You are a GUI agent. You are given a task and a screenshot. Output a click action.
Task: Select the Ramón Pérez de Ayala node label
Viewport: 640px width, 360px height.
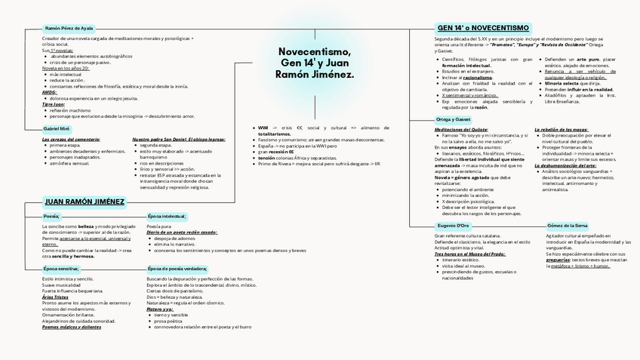point(69,28)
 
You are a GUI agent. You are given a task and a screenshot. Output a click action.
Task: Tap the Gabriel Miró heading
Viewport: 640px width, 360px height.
point(57,129)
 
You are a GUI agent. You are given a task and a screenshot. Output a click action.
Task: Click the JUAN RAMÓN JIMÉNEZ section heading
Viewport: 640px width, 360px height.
point(85,202)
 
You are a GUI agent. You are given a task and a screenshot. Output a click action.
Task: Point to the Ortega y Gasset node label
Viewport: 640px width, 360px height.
point(453,119)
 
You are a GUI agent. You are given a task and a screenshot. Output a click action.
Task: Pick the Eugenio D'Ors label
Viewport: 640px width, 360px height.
point(453,225)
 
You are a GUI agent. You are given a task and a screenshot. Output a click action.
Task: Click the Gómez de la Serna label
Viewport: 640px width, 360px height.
point(567,225)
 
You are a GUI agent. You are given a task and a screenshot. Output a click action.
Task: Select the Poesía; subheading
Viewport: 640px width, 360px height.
point(51,216)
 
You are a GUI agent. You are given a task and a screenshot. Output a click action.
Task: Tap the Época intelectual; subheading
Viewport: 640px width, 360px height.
point(167,216)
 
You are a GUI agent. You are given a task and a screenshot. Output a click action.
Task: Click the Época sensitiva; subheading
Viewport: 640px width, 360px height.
point(61,268)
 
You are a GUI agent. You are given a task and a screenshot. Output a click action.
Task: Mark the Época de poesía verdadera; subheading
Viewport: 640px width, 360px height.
point(177,268)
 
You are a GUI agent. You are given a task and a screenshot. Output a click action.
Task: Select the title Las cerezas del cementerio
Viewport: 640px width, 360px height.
point(71,140)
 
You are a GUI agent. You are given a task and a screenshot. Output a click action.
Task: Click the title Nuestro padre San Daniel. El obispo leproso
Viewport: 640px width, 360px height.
point(178,140)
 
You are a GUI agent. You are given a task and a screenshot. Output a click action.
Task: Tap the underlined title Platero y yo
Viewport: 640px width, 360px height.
point(160,309)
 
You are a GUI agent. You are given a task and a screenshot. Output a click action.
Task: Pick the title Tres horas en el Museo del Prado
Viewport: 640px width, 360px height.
point(469,254)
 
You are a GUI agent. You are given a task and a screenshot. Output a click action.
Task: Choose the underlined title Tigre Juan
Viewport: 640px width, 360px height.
point(54,104)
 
